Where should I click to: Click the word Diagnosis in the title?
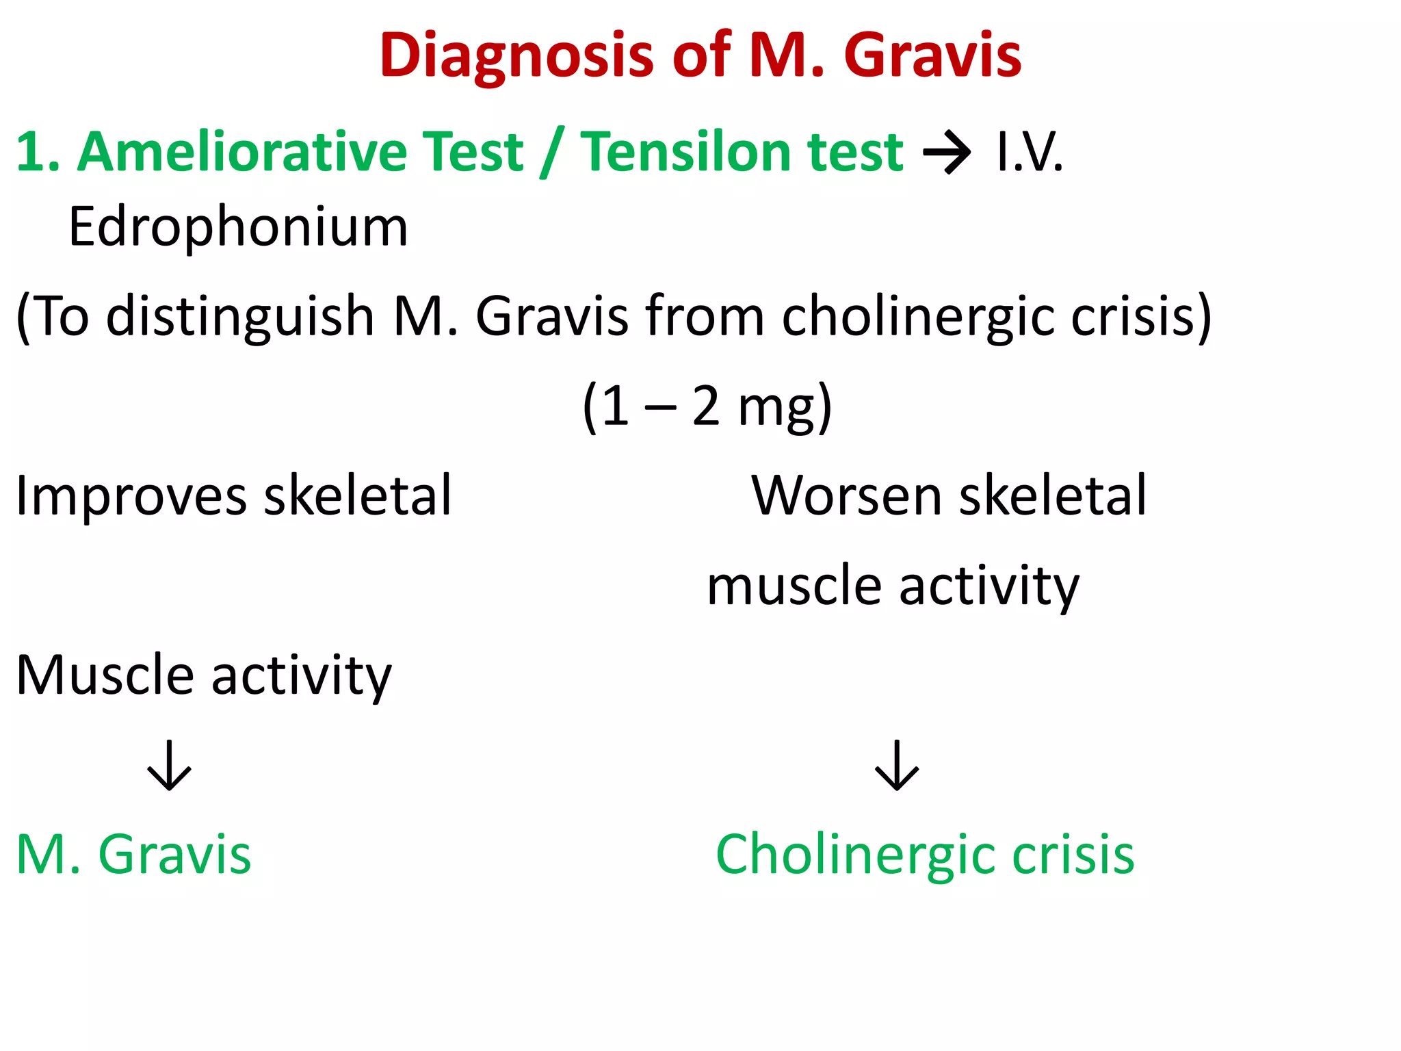tap(517, 56)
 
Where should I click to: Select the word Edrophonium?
tap(238, 227)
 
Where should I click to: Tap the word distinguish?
tap(239, 317)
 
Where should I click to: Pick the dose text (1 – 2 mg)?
tap(707, 406)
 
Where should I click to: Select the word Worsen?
tap(846, 495)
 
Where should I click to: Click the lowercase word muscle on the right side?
tap(794, 586)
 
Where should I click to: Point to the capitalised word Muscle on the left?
tap(105, 675)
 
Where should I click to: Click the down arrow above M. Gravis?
tap(169, 765)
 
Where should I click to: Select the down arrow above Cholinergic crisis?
tap(896, 765)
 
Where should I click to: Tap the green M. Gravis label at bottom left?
tap(133, 855)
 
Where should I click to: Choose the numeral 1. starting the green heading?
tap(36, 152)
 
